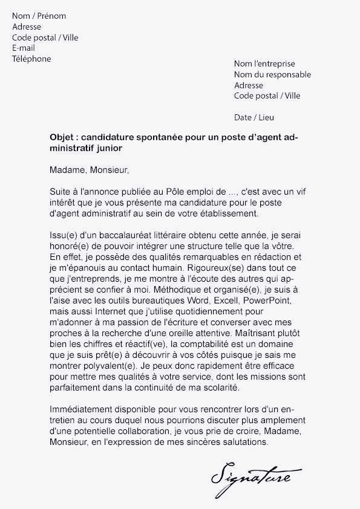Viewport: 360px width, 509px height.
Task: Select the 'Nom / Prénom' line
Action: click(x=39, y=16)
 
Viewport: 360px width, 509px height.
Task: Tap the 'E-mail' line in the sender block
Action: click(x=24, y=48)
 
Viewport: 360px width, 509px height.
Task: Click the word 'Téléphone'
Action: click(x=31, y=59)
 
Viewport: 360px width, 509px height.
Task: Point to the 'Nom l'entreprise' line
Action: click(x=264, y=63)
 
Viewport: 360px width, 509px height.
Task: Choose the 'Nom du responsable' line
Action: click(x=272, y=74)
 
